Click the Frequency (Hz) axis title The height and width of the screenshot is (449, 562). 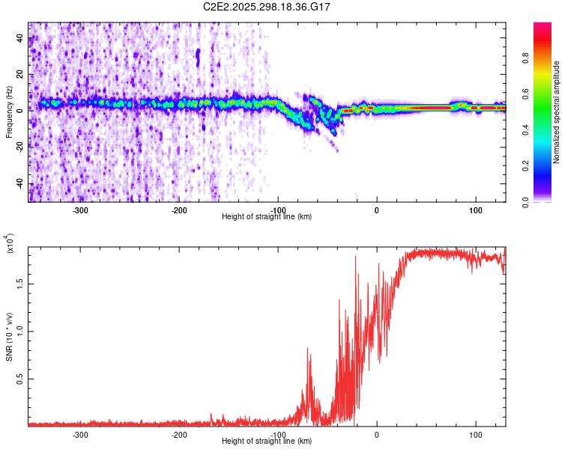9,112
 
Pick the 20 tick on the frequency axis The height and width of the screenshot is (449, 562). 21,74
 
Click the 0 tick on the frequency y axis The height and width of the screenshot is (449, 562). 21,110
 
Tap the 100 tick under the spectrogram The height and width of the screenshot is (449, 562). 475,210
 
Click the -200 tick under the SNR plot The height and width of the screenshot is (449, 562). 179,434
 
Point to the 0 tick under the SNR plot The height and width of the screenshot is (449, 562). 376,434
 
